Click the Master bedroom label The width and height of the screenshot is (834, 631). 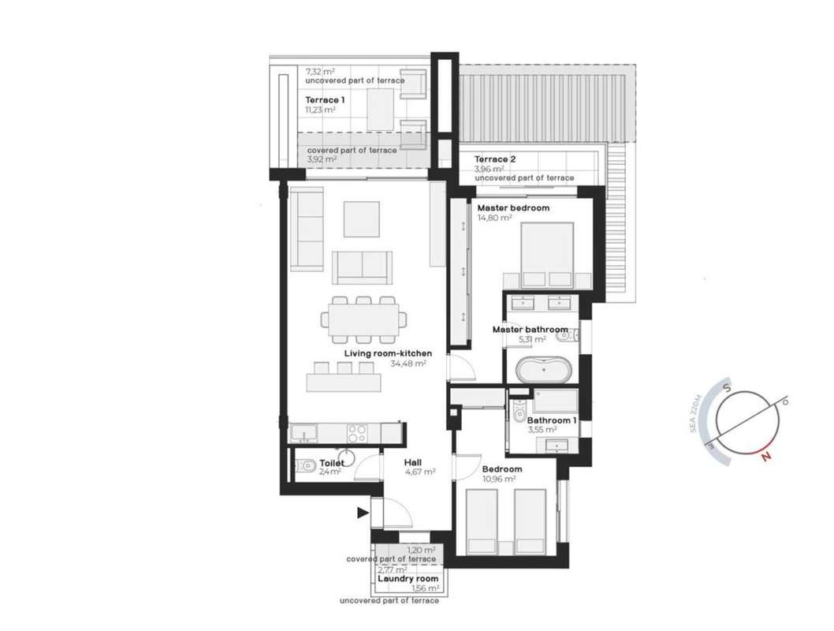pyautogui.click(x=512, y=207)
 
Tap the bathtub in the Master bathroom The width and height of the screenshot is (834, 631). pyautogui.click(x=544, y=369)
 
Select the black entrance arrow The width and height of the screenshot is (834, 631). pyautogui.click(x=363, y=513)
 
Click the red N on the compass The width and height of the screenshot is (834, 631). pyautogui.click(x=766, y=456)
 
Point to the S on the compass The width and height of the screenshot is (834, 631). pyautogui.click(x=727, y=389)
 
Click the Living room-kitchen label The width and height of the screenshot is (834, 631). pyautogui.click(x=388, y=353)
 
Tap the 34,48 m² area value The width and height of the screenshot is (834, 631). pyautogui.click(x=408, y=364)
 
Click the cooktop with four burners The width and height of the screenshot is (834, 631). pyautogui.click(x=356, y=433)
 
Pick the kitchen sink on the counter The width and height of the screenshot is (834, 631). pyautogui.click(x=303, y=432)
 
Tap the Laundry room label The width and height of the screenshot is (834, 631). pyautogui.click(x=408, y=578)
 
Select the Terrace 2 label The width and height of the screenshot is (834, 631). pyautogui.click(x=495, y=159)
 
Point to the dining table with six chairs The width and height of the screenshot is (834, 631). pyautogui.click(x=364, y=319)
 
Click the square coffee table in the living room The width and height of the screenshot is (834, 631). pyautogui.click(x=361, y=218)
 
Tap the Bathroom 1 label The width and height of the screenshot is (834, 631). pyautogui.click(x=552, y=420)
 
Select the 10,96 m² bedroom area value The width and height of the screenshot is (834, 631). pyautogui.click(x=498, y=479)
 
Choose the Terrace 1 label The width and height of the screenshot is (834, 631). pyautogui.click(x=325, y=100)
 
